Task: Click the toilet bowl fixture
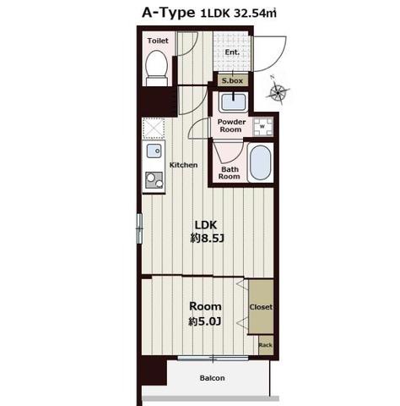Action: (x=157, y=68)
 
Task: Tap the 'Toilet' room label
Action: (x=158, y=41)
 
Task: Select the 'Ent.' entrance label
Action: (x=232, y=52)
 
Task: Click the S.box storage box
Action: (x=232, y=80)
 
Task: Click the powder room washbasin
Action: (x=233, y=102)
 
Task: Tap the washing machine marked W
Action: (x=262, y=127)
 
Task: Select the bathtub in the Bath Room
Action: (x=261, y=162)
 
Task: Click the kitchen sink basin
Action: (x=154, y=151)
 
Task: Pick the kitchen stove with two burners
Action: (x=154, y=180)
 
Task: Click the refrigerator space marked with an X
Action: (x=154, y=129)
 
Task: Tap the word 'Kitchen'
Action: (x=183, y=165)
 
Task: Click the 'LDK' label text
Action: (x=206, y=225)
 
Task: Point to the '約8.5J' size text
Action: (x=207, y=239)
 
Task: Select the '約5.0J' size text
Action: (x=205, y=321)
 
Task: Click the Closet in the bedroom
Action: (x=261, y=307)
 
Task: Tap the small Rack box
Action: (x=266, y=345)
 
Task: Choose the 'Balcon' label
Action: (x=213, y=378)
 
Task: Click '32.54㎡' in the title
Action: (x=256, y=14)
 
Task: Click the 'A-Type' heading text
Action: (x=168, y=13)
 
